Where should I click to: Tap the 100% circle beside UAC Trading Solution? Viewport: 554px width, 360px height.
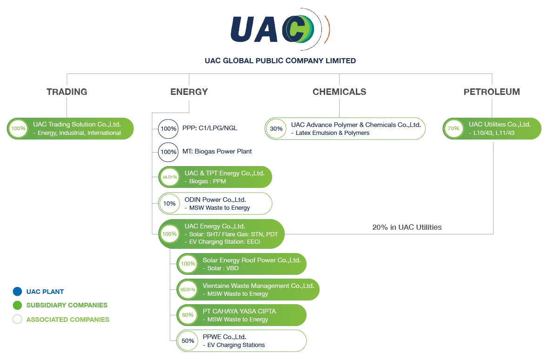pyautogui.click(x=18, y=128)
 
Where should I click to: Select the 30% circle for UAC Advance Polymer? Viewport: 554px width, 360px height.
pyautogui.click(x=276, y=128)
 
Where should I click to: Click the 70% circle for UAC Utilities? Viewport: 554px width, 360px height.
pyautogui.click(x=454, y=128)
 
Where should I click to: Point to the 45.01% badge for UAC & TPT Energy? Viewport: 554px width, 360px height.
pyautogui.click(x=169, y=177)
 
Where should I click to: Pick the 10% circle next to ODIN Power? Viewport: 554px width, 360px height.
pyautogui.click(x=169, y=203)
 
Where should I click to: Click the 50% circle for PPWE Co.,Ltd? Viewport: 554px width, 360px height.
pyautogui.click(x=188, y=341)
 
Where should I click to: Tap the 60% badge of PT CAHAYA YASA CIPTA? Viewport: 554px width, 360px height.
pyautogui.click(x=188, y=315)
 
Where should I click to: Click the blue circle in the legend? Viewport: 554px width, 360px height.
pyautogui.click(x=17, y=292)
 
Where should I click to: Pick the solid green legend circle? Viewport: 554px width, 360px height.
pyautogui.click(x=17, y=306)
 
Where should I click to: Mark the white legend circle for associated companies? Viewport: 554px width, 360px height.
pyautogui.click(x=17, y=320)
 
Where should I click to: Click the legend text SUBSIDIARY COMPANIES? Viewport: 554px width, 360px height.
pyautogui.click(x=67, y=306)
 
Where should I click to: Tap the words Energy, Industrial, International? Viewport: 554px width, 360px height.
pyautogui.click(x=77, y=133)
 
